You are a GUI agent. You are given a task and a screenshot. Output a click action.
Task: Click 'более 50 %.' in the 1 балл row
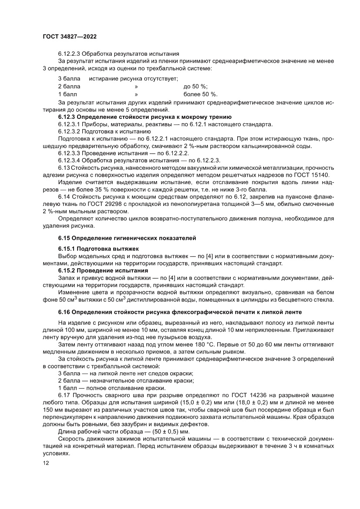(x=201, y=94)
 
